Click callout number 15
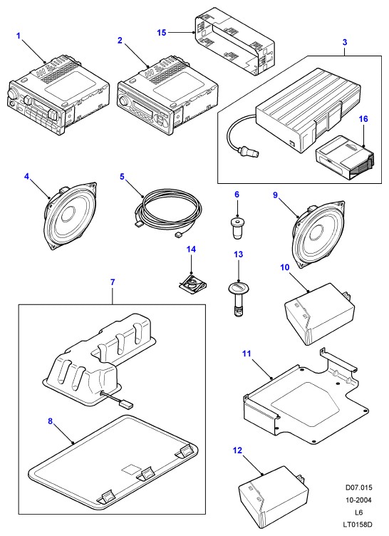coord(161,33)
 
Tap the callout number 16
coord(363,119)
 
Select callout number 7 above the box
coord(113,282)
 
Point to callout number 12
coord(237,450)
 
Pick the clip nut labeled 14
coord(192,283)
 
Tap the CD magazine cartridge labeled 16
coord(346,158)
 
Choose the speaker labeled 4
coord(71,215)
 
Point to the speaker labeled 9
coord(318,236)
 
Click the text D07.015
coord(358,488)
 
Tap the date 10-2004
coord(358,500)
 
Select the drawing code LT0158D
coord(358,525)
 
